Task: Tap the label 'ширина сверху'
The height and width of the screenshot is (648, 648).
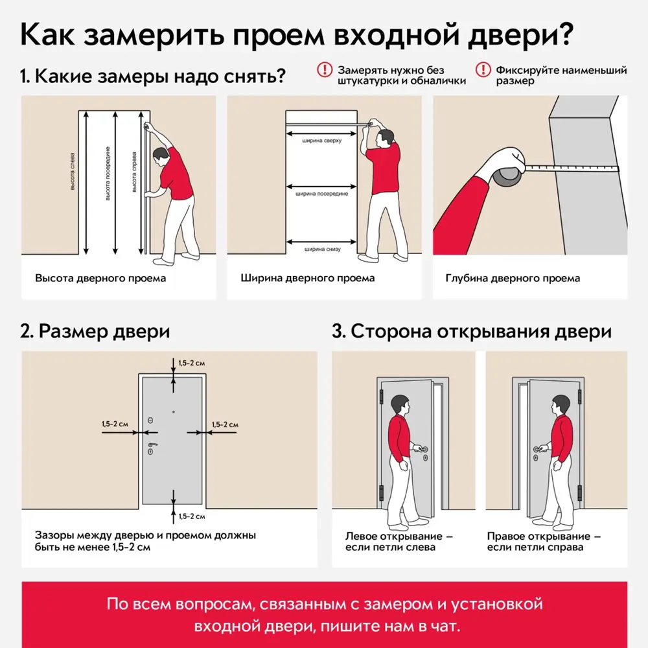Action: coord(321,138)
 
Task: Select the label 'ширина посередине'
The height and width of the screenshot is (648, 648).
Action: coord(321,193)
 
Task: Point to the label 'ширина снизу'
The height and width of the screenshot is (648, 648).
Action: coord(321,248)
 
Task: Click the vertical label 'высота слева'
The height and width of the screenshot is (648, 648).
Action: coord(73,172)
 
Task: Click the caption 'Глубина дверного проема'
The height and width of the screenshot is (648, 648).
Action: coord(513,279)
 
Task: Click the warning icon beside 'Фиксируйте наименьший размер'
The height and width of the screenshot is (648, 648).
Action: coord(482,70)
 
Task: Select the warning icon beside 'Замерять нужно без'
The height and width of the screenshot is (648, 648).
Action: coord(323,70)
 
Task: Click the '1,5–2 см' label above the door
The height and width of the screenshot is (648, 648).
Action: coord(192,363)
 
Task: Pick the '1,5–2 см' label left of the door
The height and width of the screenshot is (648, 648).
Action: coord(115,424)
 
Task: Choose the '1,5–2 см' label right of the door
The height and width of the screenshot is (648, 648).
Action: coord(225,424)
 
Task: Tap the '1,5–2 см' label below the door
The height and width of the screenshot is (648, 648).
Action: coord(192,516)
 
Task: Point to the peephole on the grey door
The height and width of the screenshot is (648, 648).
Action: coord(174,411)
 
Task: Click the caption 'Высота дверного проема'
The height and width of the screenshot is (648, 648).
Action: coord(100,279)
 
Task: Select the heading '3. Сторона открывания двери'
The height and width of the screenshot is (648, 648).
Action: coord(472,331)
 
